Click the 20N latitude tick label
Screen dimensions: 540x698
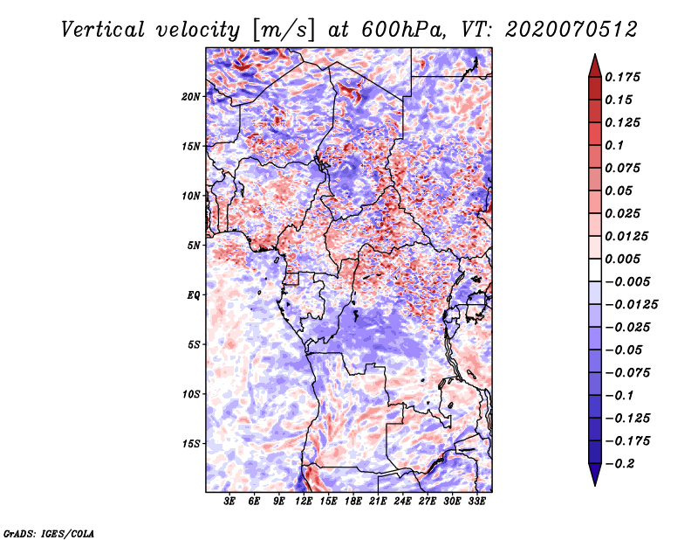(191, 96)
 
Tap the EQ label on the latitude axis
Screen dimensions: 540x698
(193, 294)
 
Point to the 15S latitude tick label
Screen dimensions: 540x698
(191, 443)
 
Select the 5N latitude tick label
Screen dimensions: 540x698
(194, 245)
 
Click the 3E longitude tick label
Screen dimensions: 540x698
(230, 501)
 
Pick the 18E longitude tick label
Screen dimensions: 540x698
(352, 501)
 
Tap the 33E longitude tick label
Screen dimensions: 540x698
(476, 501)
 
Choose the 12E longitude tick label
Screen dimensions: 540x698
(304, 501)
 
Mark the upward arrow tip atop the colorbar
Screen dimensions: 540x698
(594, 57)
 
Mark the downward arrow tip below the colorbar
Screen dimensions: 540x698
(594, 483)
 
